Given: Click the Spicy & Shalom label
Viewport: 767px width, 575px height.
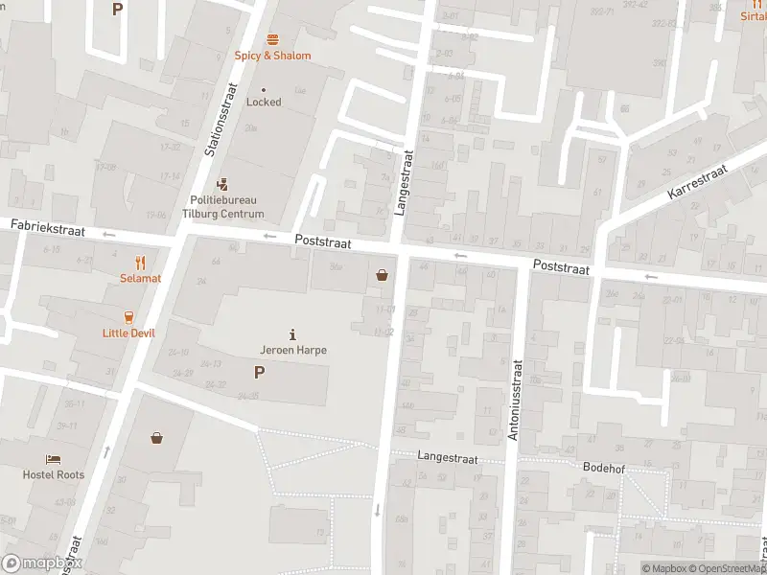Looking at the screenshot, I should click(x=273, y=56).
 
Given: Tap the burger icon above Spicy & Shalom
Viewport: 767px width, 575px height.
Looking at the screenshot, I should click(x=273, y=39).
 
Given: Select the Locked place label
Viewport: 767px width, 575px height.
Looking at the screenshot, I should click(x=264, y=102).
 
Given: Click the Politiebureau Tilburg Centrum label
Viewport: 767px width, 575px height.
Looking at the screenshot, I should click(x=222, y=207).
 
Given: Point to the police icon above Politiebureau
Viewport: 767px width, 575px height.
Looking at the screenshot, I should click(x=222, y=183).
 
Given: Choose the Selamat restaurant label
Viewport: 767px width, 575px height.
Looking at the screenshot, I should click(x=140, y=278).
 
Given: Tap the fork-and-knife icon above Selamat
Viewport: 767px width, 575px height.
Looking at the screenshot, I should click(x=140, y=262).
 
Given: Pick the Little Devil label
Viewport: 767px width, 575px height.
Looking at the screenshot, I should click(x=128, y=333).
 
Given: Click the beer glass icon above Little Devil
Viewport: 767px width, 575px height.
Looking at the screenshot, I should click(x=128, y=317).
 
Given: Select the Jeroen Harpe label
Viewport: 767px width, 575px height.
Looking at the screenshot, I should click(x=293, y=350).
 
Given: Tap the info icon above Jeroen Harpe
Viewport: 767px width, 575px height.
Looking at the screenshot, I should click(x=292, y=334).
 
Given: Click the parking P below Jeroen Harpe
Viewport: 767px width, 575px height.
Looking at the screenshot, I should click(x=259, y=373).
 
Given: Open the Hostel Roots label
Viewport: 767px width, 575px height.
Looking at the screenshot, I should click(x=54, y=474).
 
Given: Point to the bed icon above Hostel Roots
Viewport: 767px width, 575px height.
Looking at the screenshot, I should click(x=54, y=459).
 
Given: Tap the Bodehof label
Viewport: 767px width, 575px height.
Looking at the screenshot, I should click(x=604, y=467).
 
